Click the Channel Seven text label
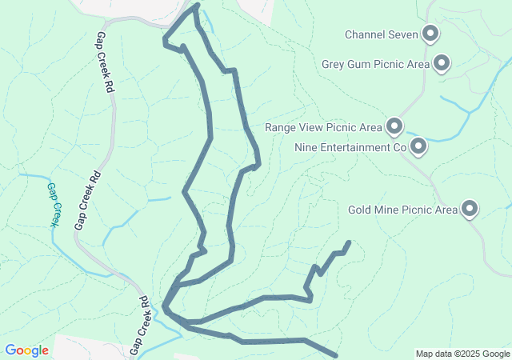[x=381, y=34]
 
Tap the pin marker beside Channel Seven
[x=431, y=34]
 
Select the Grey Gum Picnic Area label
[x=375, y=64]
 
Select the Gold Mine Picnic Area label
[x=402, y=210]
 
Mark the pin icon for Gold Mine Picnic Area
[x=470, y=210]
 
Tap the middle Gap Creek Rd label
[x=88, y=200]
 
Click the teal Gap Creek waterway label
[x=53, y=205]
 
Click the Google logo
[x=27, y=350]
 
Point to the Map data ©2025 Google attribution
[x=462, y=354]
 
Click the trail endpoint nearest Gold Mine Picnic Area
[x=348, y=242]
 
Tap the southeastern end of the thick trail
[x=335, y=355]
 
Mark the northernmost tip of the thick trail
[x=195, y=6]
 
